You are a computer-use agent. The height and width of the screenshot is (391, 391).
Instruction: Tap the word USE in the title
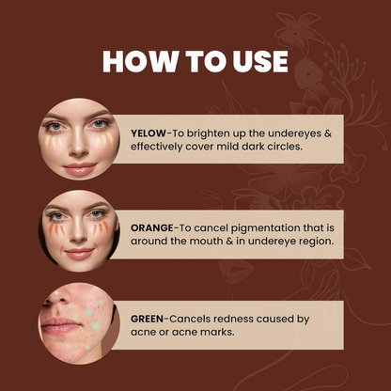pos(260,61)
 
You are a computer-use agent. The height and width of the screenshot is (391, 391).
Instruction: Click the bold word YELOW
pos(149,133)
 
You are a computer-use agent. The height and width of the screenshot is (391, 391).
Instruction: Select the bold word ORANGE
pos(152,227)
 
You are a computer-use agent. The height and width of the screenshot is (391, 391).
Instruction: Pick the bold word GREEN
pos(147,319)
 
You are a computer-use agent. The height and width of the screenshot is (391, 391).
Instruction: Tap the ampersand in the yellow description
pos(328,133)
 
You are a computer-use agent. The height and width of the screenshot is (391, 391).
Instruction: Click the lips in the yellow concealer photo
pos(80,168)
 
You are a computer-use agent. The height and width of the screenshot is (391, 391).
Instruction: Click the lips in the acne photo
pos(59,325)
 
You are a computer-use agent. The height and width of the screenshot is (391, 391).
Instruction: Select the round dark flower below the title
pos(308,72)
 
